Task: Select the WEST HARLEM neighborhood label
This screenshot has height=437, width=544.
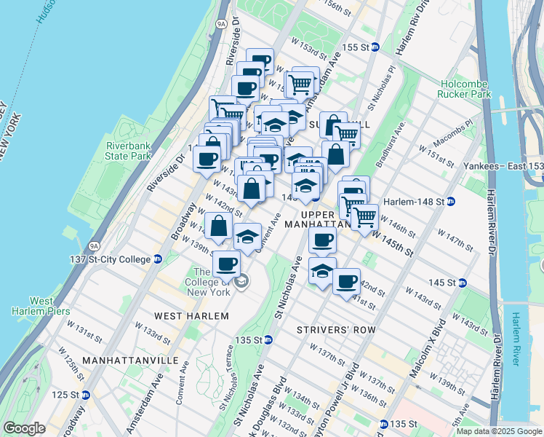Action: coord(191,316)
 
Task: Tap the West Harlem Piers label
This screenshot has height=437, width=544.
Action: coord(31,306)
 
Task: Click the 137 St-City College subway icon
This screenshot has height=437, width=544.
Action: coord(157,259)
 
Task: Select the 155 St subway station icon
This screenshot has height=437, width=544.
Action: coord(375,47)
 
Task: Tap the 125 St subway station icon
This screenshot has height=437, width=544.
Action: coord(85,395)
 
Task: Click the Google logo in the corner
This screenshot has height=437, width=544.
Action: coord(24,428)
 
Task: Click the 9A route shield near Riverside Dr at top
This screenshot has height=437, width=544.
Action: coord(221,24)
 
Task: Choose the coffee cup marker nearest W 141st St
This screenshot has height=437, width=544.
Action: coord(347,280)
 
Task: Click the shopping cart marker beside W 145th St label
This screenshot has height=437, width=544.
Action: coord(364,216)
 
